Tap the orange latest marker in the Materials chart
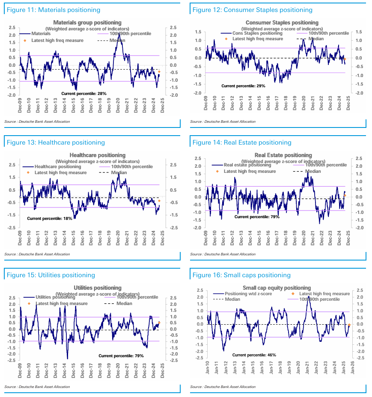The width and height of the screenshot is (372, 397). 159,72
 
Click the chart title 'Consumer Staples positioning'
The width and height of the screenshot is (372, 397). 282,22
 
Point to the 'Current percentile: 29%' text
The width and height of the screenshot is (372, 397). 244,86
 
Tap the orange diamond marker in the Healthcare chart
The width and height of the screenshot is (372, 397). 159,201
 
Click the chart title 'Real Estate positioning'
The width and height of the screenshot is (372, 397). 283,155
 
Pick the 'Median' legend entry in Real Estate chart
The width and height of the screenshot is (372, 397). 313,171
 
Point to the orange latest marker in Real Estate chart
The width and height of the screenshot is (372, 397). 345,196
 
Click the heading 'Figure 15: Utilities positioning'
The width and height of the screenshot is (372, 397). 51,275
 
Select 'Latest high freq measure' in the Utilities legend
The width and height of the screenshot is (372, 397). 62,303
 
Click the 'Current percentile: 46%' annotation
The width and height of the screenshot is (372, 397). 254,355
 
